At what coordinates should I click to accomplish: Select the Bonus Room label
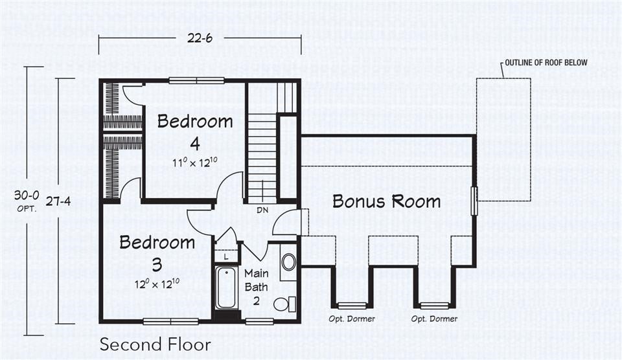[386, 201]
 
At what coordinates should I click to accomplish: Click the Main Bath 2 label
[256, 287]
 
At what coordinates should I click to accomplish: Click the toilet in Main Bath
[284, 303]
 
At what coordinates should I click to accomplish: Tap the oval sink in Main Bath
[288, 262]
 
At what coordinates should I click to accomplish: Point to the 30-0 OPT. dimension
[27, 200]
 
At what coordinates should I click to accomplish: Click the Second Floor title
[155, 344]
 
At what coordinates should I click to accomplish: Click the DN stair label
[263, 210]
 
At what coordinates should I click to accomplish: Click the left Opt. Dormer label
[352, 319]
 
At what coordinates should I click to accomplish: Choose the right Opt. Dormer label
[434, 319]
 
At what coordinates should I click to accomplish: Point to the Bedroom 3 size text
[157, 284]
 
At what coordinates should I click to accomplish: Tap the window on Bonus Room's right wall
[474, 201]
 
